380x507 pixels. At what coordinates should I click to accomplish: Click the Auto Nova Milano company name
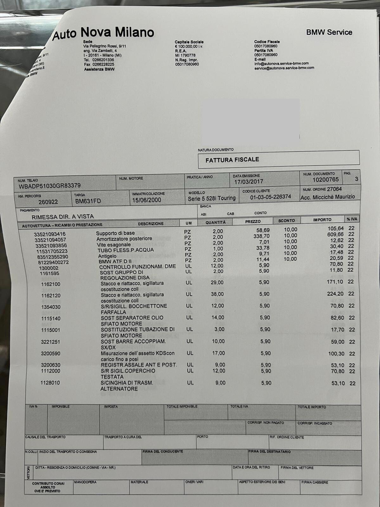(103, 33)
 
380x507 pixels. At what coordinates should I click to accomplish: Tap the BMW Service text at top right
(329, 32)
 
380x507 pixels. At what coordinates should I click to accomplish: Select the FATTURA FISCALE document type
(232, 160)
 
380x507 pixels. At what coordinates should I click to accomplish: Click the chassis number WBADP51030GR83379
(50, 186)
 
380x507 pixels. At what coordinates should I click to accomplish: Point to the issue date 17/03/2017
(248, 182)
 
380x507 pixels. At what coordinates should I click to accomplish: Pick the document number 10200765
(325, 180)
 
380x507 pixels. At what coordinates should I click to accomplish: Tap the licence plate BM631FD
(88, 201)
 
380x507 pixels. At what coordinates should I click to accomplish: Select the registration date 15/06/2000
(146, 200)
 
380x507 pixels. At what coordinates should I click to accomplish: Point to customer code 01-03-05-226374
(270, 197)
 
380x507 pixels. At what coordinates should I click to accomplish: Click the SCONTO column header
(286, 221)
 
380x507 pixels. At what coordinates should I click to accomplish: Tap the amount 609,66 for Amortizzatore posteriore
(335, 234)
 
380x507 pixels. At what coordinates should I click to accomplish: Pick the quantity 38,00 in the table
(217, 294)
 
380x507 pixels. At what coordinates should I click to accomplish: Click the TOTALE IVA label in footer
(239, 406)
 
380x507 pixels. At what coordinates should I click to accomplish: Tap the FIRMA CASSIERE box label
(314, 482)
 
